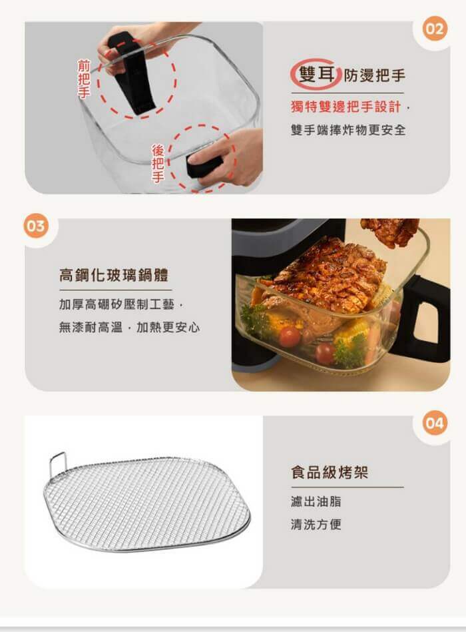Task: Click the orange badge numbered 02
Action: [434, 29]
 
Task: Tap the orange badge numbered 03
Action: [36, 226]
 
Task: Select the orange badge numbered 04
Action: [435, 423]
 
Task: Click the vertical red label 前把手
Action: [84, 79]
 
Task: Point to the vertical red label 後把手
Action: [158, 163]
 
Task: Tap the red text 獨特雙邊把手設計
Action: [346, 107]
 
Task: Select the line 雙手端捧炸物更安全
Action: [348, 130]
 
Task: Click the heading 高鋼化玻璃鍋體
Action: [114, 275]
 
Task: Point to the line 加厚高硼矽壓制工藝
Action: [116, 304]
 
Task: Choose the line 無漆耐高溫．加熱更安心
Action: [129, 327]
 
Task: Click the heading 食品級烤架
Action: [330, 472]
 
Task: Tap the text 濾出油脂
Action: [316, 501]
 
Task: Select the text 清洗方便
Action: [316, 524]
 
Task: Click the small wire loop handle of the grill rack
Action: [58, 464]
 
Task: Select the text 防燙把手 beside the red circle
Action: [373, 75]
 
